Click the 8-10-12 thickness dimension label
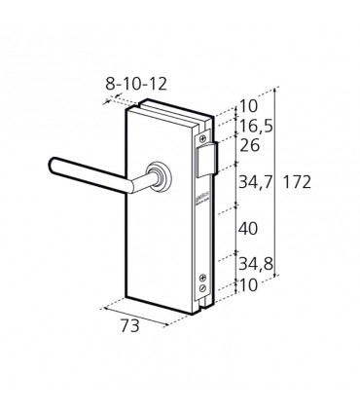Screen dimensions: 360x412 click(x=136, y=84)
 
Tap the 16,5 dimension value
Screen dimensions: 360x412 click(x=256, y=126)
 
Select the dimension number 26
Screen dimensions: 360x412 click(x=249, y=145)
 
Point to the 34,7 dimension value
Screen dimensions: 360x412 click(x=255, y=182)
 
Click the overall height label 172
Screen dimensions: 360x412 click(x=297, y=182)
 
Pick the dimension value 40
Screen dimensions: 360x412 click(x=248, y=229)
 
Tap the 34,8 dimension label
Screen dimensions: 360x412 click(x=256, y=264)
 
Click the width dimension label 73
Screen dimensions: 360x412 click(x=130, y=325)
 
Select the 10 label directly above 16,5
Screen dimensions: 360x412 click(x=248, y=106)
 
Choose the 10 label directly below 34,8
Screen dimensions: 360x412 click(x=248, y=285)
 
